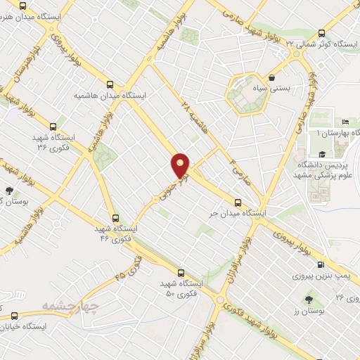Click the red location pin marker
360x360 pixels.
click(181, 165)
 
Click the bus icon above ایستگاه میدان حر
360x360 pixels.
click(238, 202)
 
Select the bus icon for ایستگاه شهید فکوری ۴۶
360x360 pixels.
click(115, 218)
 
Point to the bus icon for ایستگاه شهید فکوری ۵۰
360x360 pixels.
click(181, 272)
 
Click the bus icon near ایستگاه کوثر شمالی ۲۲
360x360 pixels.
click(321, 33)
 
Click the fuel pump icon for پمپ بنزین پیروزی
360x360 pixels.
click(321, 265)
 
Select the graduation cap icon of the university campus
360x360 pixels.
click(322, 154)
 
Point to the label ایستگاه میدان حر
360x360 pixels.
click(246, 212)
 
